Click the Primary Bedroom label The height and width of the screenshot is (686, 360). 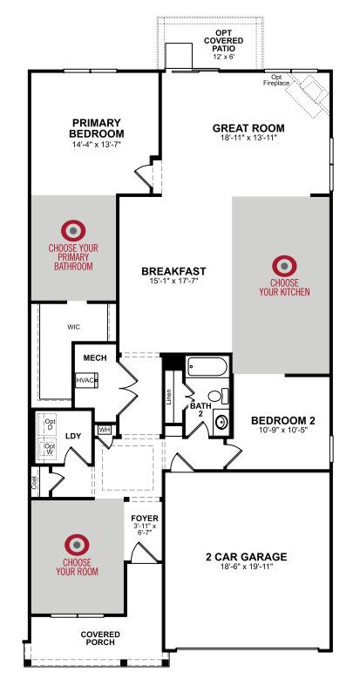[x=96, y=128]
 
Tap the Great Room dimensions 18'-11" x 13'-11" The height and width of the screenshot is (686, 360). [x=248, y=138]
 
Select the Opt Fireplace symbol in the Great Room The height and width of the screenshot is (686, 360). [x=308, y=96]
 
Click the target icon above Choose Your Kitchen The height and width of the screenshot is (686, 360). [x=284, y=266]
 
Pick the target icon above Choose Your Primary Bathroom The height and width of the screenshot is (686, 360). [x=73, y=231]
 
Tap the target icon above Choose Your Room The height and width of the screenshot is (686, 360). [x=77, y=545]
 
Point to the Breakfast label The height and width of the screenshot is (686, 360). [x=173, y=271]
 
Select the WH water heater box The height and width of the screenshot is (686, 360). [x=104, y=430]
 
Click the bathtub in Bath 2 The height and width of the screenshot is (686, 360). [x=207, y=367]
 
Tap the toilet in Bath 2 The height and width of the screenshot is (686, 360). [x=218, y=396]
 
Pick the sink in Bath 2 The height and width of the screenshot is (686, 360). [x=221, y=422]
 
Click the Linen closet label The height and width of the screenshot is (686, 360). [x=169, y=397]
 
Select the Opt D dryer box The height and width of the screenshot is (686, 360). [x=50, y=424]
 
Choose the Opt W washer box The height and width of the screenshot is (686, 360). [x=50, y=448]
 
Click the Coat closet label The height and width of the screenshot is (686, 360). [x=35, y=482]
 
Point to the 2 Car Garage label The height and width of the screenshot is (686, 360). [x=247, y=557]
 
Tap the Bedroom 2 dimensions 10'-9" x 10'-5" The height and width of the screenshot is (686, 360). [x=282, y=430]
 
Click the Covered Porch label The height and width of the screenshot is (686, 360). [x=100, y=638]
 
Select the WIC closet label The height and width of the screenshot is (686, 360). [x=73, y=327]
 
